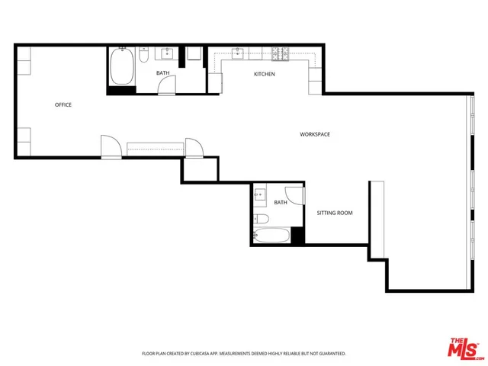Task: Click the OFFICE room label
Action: pyautogui.click(x=63, y=104)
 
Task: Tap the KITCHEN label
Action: pyautogui.click(x=265, y=74)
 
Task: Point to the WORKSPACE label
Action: pyautogui.click(x=315, y=134)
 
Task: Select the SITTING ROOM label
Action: pyautogui.click(x=335, y=213)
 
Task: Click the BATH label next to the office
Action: pyautogui.click(x=163, y=73)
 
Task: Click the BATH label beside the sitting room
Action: pyautogui.click(x=281, y=202)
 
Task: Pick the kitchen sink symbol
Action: pyautogui.click(x=239, y=53)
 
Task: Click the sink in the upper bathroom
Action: pyautogui.click(x=167, y=53)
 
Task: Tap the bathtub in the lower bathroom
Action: pyautogui.click(x=272, y=236)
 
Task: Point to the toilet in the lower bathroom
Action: pyautogui.click(x=262, y=220)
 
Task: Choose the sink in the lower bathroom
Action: pyautogui.click(x=260, y=196)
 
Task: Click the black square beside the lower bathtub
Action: pyautogui.click(x=297, y=236)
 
